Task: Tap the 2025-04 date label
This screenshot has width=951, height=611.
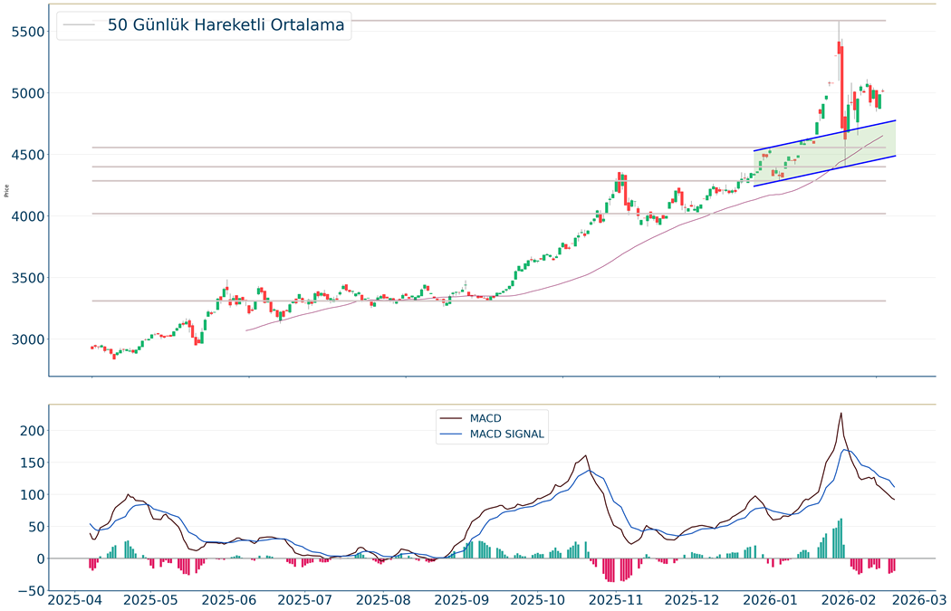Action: click(x=75, y=599)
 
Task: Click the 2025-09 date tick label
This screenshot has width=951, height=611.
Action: click(x=462, y=599)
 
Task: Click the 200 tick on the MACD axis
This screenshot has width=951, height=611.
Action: click(x=32, y=431)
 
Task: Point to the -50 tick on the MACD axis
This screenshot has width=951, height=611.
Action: click(x=31, y=591)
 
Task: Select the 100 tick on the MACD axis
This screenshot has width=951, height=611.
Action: click(x=32, y=495)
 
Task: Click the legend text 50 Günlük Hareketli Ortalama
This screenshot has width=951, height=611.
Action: click(x=226, y=25)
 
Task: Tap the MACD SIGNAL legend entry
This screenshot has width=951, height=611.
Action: click(x=506, y=434)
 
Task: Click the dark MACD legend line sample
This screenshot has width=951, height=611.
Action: click(x=450, y=419)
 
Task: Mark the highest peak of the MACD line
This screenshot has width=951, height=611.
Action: click(x=841, y=414)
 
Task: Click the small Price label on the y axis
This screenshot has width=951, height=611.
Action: click(x=7, y=190)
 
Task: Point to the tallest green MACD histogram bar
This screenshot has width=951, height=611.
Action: click(x=841, y=539)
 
